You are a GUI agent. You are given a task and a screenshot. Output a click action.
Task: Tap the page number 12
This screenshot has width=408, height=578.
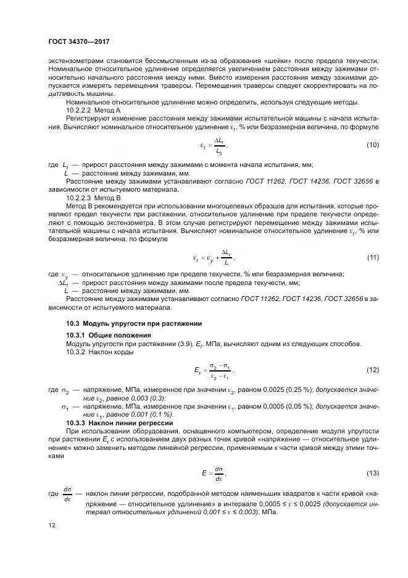[52, 525]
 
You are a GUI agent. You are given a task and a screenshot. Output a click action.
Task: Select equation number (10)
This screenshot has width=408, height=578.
[372, 145]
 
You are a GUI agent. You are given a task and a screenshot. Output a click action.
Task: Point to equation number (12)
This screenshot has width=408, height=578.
[372, 369]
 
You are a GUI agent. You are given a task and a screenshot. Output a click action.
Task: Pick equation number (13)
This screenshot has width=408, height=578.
[372, 473]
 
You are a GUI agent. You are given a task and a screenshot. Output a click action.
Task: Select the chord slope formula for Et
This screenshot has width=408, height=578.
[214, 370]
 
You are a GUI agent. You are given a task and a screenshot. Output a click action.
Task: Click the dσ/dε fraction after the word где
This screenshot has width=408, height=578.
[67, 495]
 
